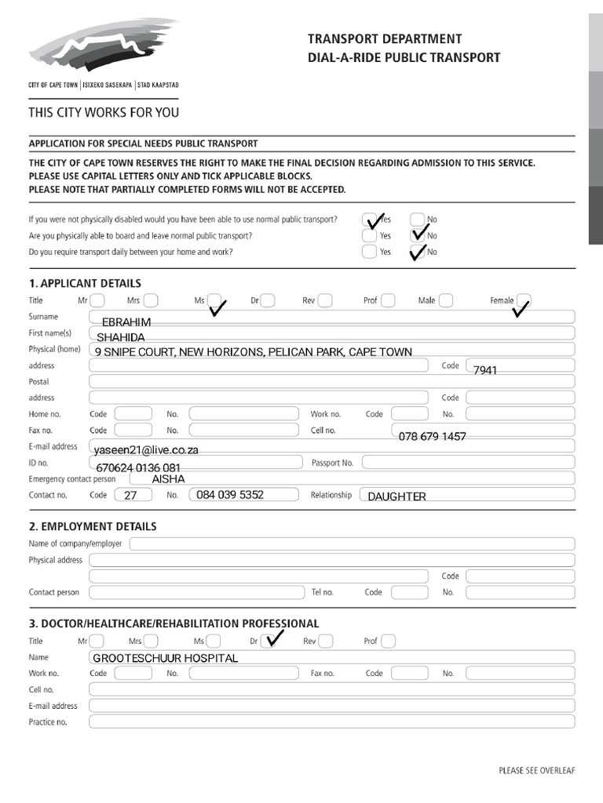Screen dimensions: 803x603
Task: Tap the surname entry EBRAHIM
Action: click(126, 322)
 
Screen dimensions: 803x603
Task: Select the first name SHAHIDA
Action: click(121, 337)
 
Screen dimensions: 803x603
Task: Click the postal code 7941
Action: click(485, 369)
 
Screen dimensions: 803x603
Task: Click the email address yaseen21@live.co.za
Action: click(146, 450)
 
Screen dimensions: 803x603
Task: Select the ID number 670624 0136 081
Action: click(143, 467)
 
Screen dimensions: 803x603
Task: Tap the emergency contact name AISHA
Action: click(168, 478)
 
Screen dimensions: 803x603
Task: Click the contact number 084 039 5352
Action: click(230, 495)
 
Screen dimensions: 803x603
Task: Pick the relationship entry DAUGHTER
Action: click(397, 496)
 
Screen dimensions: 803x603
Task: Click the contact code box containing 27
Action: click(132, 495)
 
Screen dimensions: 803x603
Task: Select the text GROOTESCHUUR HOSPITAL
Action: click(165, 658)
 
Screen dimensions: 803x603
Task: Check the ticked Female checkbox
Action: click(524, 300)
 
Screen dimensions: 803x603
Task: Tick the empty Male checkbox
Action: click(446, 300)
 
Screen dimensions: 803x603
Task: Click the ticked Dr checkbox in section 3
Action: click(268, 641)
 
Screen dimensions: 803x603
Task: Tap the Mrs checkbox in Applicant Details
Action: click(150, 300)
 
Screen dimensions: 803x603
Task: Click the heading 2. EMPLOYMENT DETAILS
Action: click(93, 526)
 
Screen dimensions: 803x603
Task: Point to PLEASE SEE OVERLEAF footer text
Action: click(537, 771)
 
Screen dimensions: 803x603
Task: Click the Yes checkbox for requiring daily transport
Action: click(369, 252)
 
